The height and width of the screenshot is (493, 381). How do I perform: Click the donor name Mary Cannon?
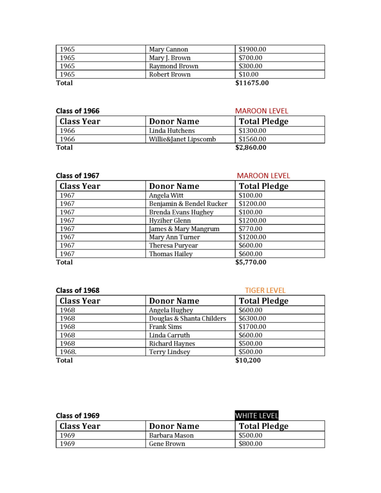pos(169,49)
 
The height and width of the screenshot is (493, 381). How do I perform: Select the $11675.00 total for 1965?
pos(252,83)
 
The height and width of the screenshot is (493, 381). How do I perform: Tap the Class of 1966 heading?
pos(78,111)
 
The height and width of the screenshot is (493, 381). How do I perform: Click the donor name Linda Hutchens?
pos(172,130)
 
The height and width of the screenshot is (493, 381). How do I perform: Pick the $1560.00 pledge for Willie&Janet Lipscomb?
pos(252,139)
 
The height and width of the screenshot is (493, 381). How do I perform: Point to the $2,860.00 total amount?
pos(250,147)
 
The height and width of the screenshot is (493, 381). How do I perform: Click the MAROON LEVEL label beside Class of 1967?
pos(263,176)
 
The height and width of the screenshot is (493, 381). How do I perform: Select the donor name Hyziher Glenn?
pos(170,221)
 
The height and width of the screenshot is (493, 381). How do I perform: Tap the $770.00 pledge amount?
pos(250,229)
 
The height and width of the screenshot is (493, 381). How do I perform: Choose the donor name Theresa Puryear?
pos(173,246)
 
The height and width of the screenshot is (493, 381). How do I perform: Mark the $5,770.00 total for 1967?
pos(250,262)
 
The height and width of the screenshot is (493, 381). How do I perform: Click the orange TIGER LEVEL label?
pos(265,290)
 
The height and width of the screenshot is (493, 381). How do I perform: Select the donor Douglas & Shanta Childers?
pos(187,318)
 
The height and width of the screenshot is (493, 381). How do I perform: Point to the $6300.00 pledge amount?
pos(252,318)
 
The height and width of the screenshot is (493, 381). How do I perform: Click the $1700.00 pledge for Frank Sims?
pos(252,327)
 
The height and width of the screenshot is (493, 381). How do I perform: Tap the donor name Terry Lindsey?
pos(170,352)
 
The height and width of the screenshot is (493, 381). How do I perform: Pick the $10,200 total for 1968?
pos(248,360)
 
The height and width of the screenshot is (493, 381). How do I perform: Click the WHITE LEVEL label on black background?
pos(257,415)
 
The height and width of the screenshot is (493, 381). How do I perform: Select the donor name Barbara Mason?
pos(171,435)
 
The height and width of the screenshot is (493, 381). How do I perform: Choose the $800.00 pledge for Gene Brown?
pos(250,443)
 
